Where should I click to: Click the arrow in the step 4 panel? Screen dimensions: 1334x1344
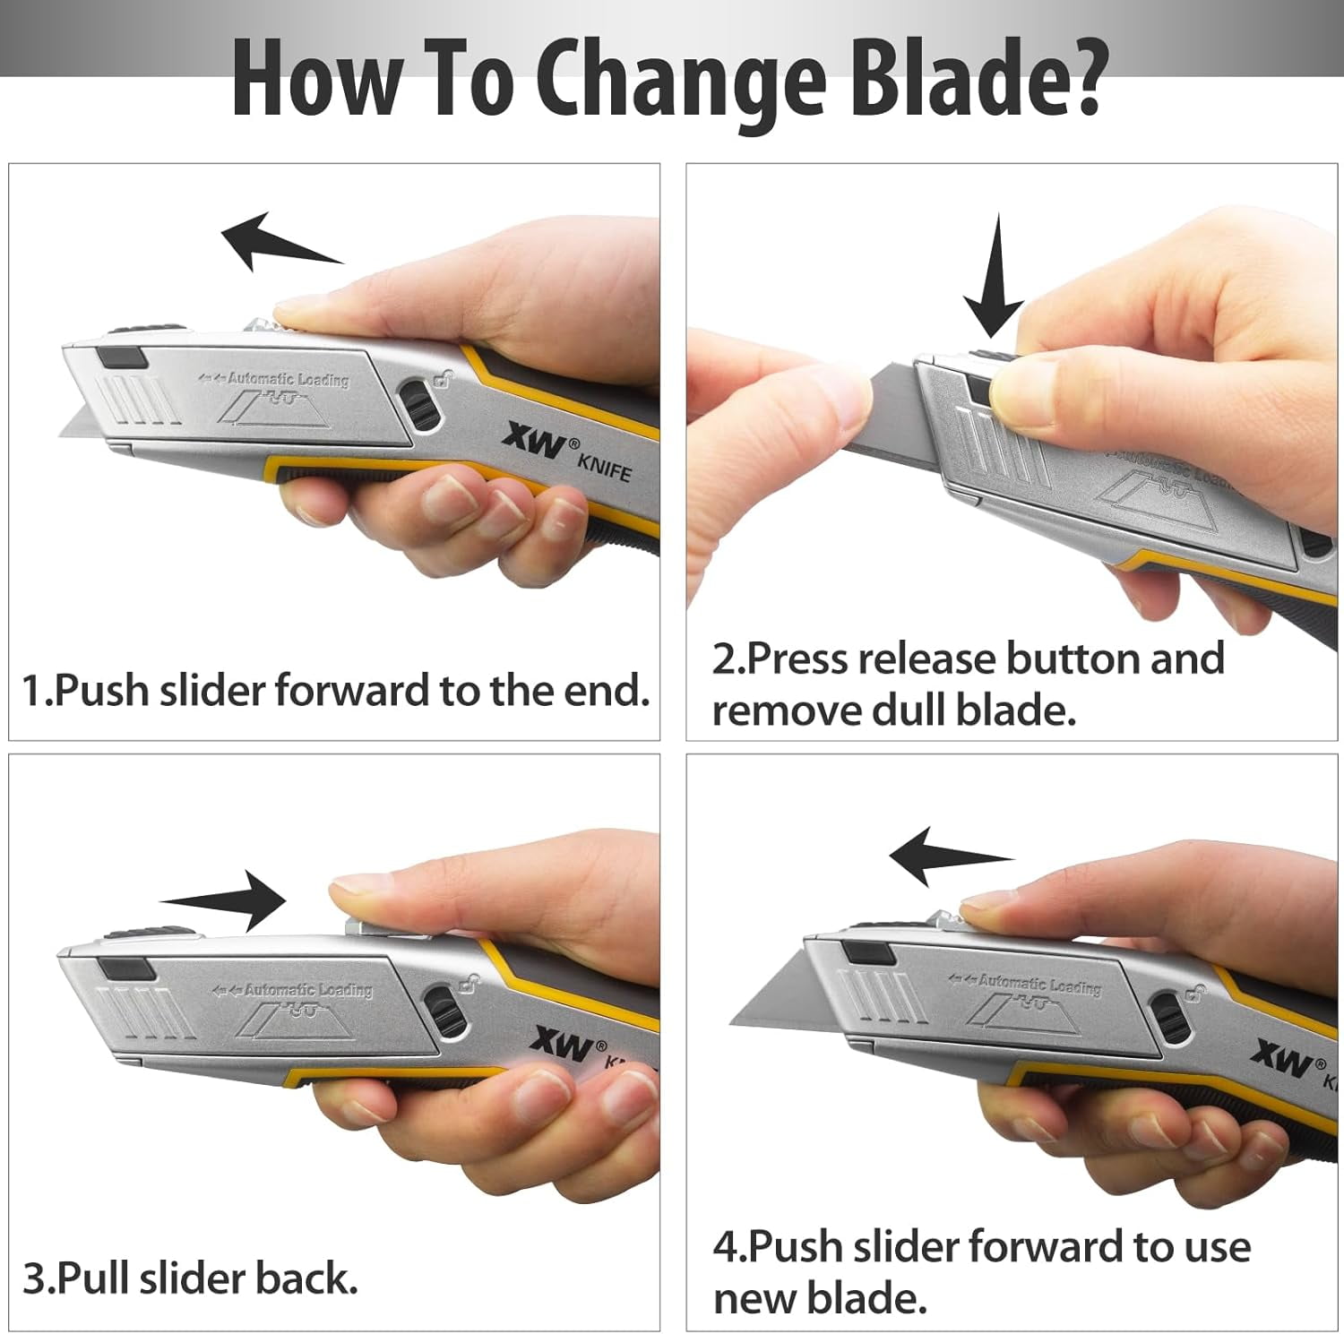pyautogui.click(x=947, y=856)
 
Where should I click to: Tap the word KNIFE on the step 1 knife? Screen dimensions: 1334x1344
pyautogui.click(x=604, y=467)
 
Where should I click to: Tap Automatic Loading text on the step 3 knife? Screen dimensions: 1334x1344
pyautogui.click(x=307, y=990)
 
